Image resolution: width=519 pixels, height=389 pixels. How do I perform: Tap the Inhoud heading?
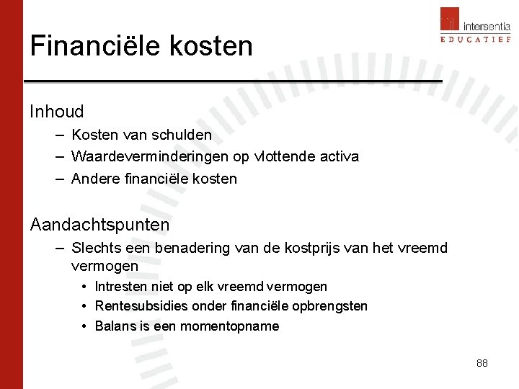click(57, 112)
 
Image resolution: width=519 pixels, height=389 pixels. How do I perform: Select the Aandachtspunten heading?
click(99, 225)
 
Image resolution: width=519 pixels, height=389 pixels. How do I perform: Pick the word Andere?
click(94, 179)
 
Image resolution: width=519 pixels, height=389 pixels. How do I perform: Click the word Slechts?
click(97, 249)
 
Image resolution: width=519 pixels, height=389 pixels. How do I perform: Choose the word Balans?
click(113, 326)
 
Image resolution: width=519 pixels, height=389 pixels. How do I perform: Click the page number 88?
click(482, 363)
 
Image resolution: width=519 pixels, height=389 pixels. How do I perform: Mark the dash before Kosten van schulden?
click(57, 135)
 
